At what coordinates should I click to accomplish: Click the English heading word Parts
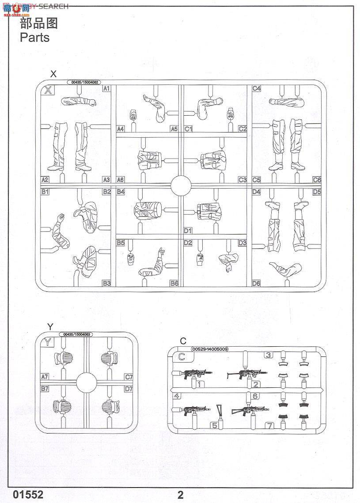pos(34,38)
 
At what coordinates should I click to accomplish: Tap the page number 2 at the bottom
pos(180,495)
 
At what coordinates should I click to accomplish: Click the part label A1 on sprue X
pos(106,89)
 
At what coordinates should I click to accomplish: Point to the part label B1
pos(45,192)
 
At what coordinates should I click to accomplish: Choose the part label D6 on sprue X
pos(257,283)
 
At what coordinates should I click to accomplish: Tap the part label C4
pos(257,89)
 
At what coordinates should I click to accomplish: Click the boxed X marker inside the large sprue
pos(48,91)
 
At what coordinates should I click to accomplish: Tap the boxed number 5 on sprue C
pos(214,426)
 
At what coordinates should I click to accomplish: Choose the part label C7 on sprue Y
pos(129,377)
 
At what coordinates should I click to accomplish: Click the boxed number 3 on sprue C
pos(268,355)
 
